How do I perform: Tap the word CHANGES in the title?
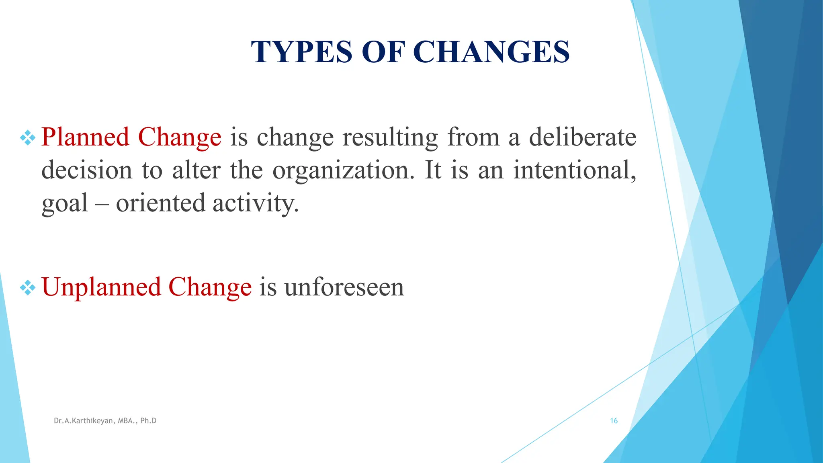[x=491, y=52]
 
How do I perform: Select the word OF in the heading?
[x=383, y=52]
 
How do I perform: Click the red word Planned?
[x=85, y=137]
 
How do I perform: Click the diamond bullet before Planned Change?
[x=28, y=138]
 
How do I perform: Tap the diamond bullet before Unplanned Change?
[x=28, y=288]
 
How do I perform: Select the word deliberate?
[x=582, y=137]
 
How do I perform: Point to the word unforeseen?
[x=344, y=288]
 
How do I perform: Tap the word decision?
[x=87, y=170]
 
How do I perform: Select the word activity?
[x=256, y=203]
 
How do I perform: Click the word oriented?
[x=160, y=203]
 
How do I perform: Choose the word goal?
[x=65, y=203]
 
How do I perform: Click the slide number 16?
[x=614, y=421]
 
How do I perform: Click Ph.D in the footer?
[x=148, y=421]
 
